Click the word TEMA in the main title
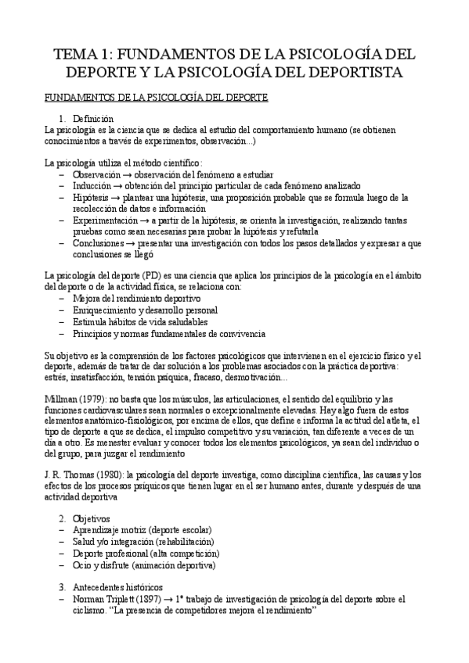point(74,54)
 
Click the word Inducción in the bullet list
point(92,186)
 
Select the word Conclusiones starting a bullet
point(99,243)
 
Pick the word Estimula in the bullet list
point(88,321)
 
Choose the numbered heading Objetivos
point(92,519)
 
